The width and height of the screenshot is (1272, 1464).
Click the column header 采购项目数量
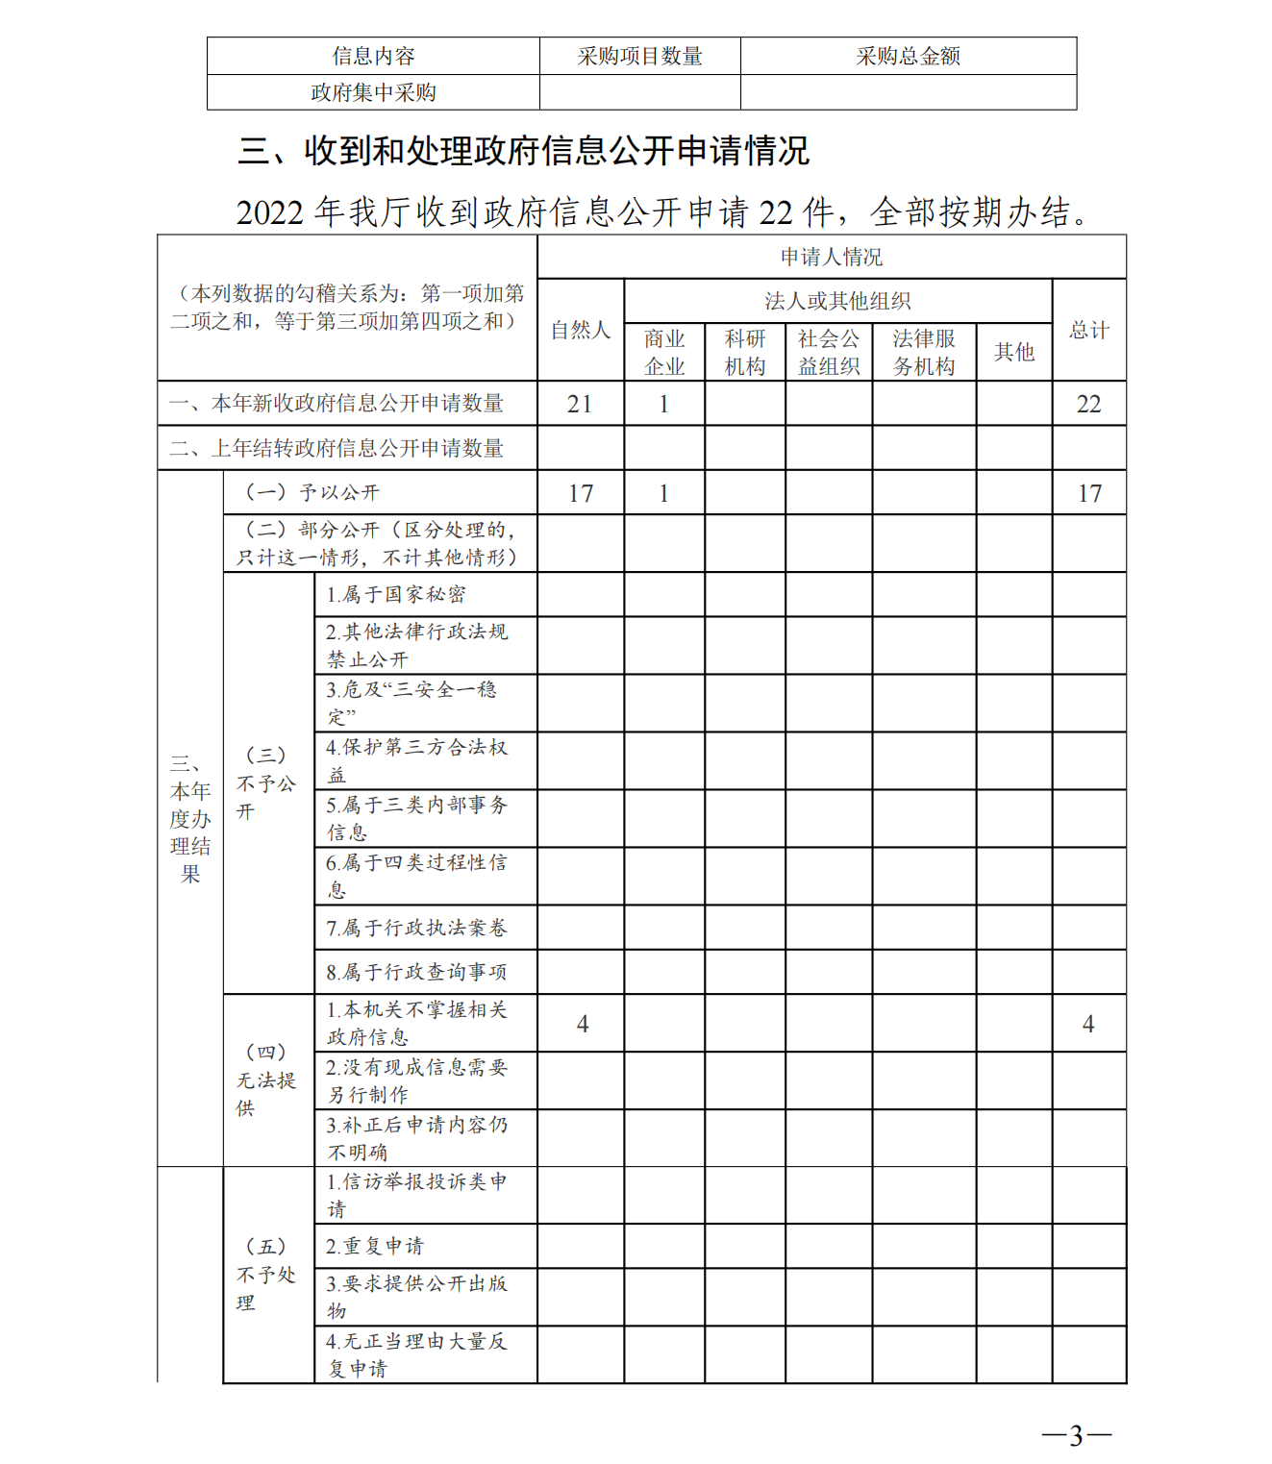point(639,57)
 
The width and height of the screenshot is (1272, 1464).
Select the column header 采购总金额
point(908,57)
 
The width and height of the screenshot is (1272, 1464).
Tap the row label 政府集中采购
point(373,92)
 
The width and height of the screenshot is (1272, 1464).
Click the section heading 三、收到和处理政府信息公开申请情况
point(523,151)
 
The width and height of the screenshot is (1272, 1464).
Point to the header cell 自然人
point(580,330)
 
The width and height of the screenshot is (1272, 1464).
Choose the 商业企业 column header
point(664,352)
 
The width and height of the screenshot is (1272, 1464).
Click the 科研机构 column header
point(744,352)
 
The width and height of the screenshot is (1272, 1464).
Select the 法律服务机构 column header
point(923,352)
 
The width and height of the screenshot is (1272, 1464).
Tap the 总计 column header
point(1088,330)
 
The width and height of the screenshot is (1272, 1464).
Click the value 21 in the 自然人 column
point(580,404)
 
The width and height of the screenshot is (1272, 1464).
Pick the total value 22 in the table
point(1088,404)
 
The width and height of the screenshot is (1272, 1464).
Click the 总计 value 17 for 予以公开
point(1088,493)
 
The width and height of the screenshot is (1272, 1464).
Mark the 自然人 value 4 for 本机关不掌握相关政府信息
point(582,1024)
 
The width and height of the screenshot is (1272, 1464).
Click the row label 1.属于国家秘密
point(395,595)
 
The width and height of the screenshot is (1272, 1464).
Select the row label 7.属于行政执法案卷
point(415,928)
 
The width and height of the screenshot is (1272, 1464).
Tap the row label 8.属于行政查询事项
point(415,972)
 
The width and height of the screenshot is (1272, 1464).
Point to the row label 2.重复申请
point(374,1246)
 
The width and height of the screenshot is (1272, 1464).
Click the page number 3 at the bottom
point(1076,1435)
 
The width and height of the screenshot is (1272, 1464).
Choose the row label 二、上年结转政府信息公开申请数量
point(337,448)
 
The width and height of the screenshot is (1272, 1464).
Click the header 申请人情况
point(831,257)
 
